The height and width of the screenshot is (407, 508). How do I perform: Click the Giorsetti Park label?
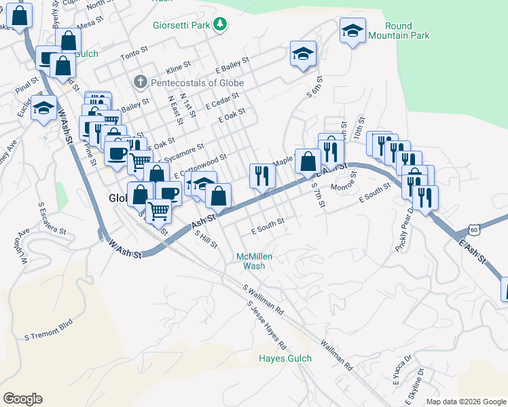(180, 26)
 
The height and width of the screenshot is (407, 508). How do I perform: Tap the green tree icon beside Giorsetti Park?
(220, 25)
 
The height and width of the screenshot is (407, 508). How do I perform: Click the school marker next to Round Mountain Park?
(353, 31)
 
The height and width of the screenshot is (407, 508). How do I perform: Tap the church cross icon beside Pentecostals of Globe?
(141, 83)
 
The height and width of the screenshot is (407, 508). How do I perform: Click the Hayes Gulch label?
(285, 358)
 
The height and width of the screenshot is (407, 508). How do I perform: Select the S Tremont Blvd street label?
(48, 336)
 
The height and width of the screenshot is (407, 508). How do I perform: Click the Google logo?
(22, 399)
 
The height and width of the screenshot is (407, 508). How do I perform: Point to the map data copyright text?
(465, 402)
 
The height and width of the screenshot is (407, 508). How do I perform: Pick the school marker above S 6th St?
(303, 54)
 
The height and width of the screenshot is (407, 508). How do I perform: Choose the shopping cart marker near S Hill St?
(159, 210)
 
